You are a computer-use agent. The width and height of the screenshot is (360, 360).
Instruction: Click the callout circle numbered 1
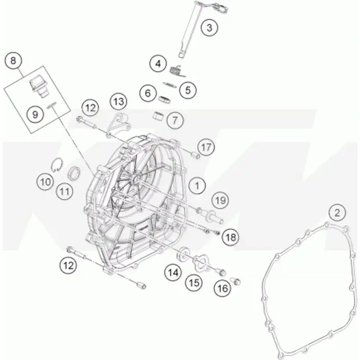pos(197,186)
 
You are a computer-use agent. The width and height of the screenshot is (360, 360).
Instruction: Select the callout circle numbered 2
pos(337,213)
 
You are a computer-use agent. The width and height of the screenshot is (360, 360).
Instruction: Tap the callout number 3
pos(209,28)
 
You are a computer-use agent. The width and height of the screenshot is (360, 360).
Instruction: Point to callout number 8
pos(13,61)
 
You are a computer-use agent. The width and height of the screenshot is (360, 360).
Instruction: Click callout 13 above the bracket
pos(119,101)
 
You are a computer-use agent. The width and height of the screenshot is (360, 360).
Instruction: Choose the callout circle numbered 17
pos(206,147)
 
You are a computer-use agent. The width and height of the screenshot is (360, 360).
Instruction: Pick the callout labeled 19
pos(221,201)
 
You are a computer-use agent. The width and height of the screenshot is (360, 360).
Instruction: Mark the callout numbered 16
pos(222,289)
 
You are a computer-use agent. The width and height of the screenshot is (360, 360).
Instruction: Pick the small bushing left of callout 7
pos(158,116)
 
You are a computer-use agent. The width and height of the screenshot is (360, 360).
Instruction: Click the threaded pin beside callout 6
pos(164,99)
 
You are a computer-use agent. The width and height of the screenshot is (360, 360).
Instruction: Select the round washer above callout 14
pos(183,254)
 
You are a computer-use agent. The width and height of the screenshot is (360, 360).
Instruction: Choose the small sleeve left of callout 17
pos(195,156)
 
